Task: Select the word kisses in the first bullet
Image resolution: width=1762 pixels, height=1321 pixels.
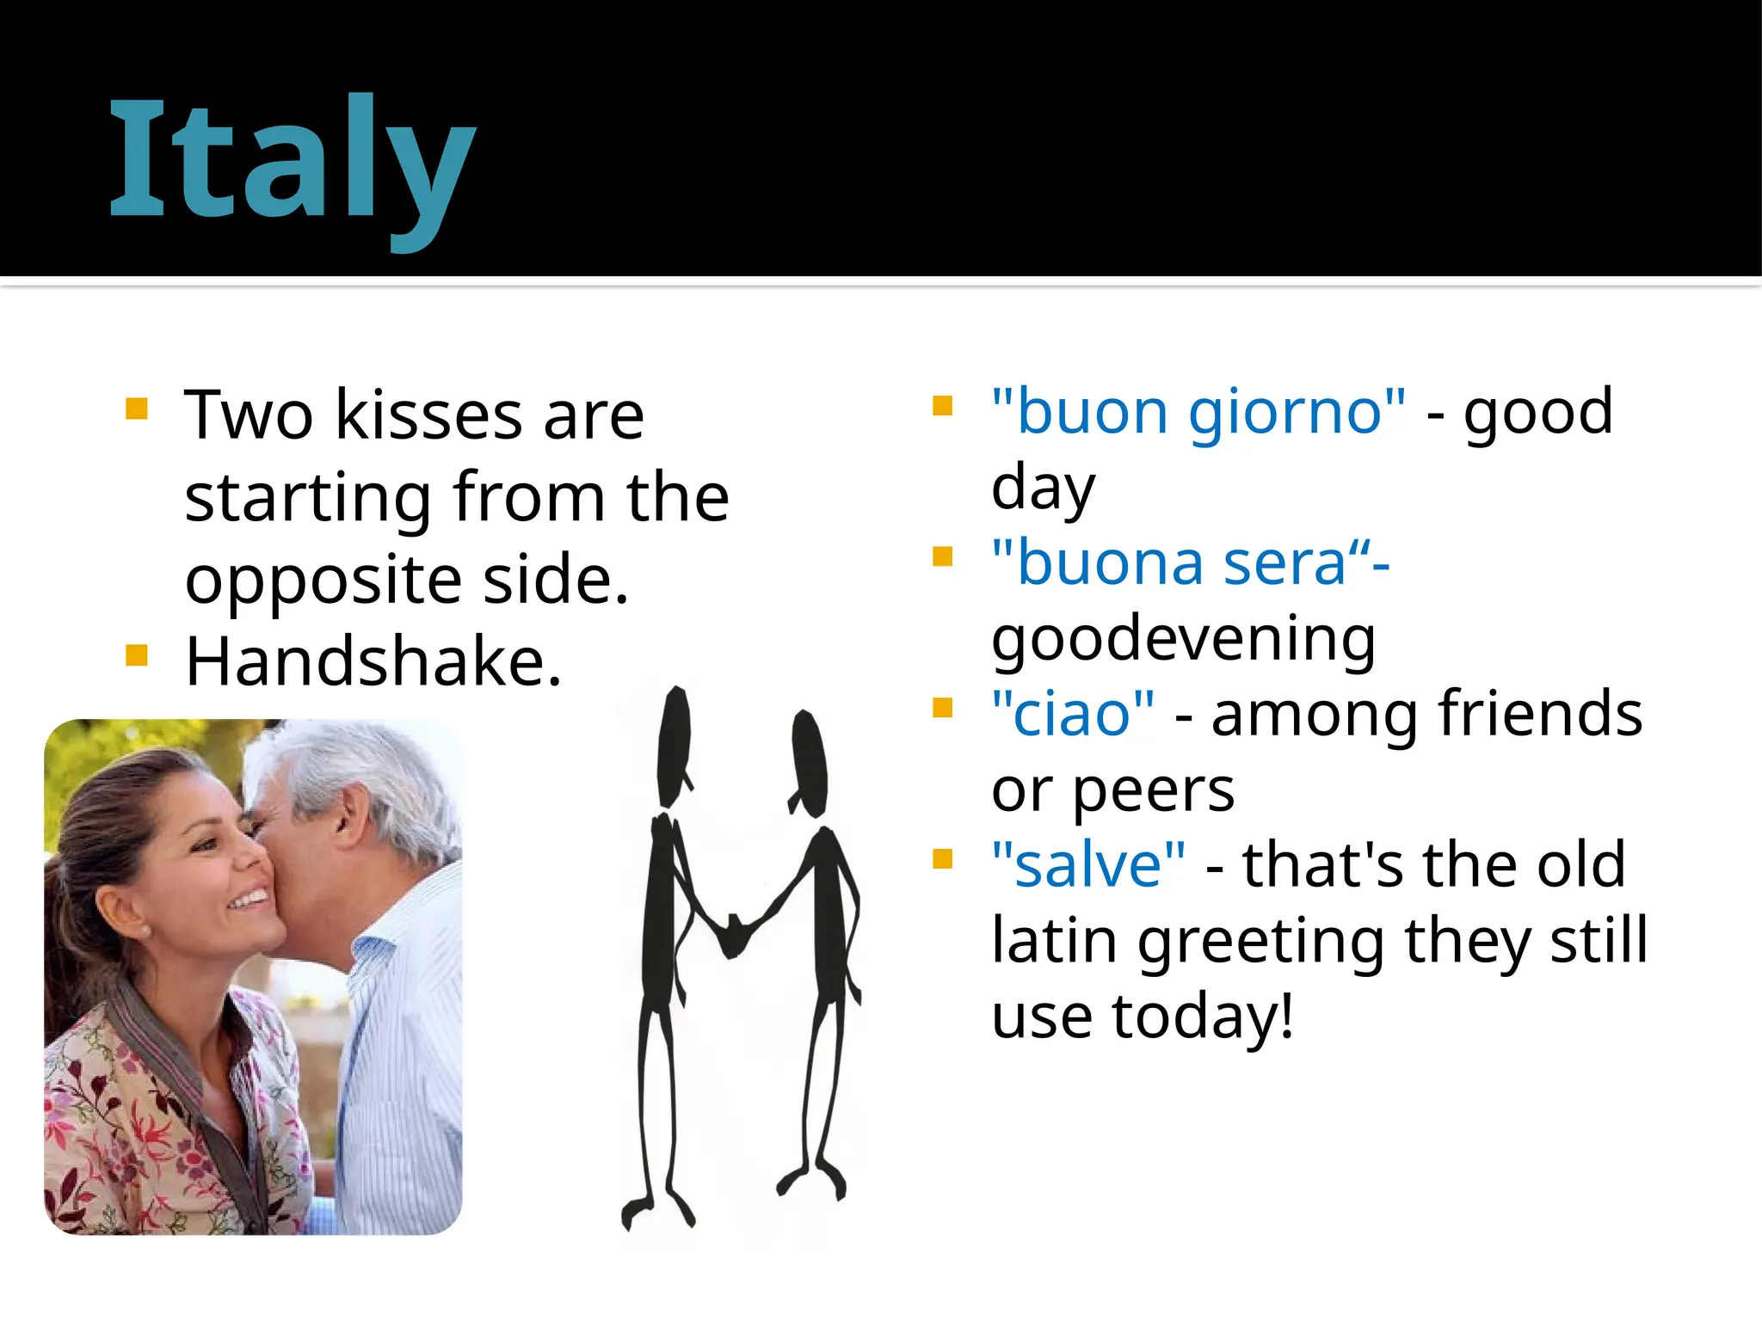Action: click(x=428, y=415)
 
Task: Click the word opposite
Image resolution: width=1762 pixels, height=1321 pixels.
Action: click(x=323, y=580)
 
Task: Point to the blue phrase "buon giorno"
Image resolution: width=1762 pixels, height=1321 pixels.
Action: click(x=1198, y=411)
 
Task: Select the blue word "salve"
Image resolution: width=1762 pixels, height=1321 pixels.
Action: click(x=1088, y=864)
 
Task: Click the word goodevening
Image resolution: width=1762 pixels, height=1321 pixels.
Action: click(x=1184, y=638)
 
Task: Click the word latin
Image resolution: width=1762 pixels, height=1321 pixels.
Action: click(x=1054, y=940)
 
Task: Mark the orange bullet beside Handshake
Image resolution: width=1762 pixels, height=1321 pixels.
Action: click(x=137, y=655)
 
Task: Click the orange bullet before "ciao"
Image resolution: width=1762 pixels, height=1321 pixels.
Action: click(x=943, y=708)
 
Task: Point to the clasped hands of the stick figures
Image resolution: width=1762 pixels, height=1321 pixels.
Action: click(x=733, y=933)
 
